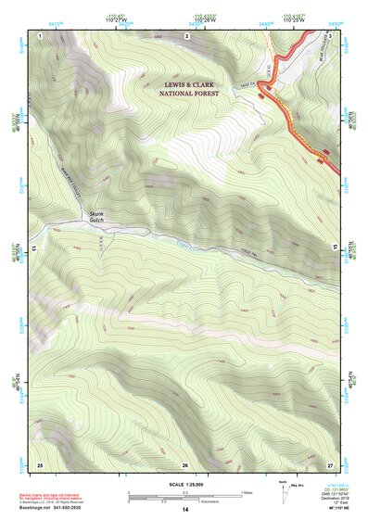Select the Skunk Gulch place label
97,218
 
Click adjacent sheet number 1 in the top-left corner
41,35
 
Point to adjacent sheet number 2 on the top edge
185,35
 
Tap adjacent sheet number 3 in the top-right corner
330,35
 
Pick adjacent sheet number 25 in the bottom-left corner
40,463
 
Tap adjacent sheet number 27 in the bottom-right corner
330,463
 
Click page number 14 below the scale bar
184,510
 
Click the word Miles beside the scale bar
246,492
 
